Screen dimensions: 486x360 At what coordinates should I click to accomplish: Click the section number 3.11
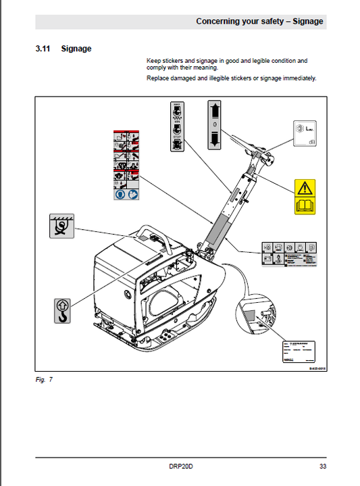[x=44, y=49]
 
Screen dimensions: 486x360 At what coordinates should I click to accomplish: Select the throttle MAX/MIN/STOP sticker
[x=177, y=122]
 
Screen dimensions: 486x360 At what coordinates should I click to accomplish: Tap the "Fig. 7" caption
[x=45, y=379]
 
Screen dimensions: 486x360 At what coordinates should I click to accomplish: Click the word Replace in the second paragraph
[x=157, y=78]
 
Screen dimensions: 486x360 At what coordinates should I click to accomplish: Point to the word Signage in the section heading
[x=76, y=49]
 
